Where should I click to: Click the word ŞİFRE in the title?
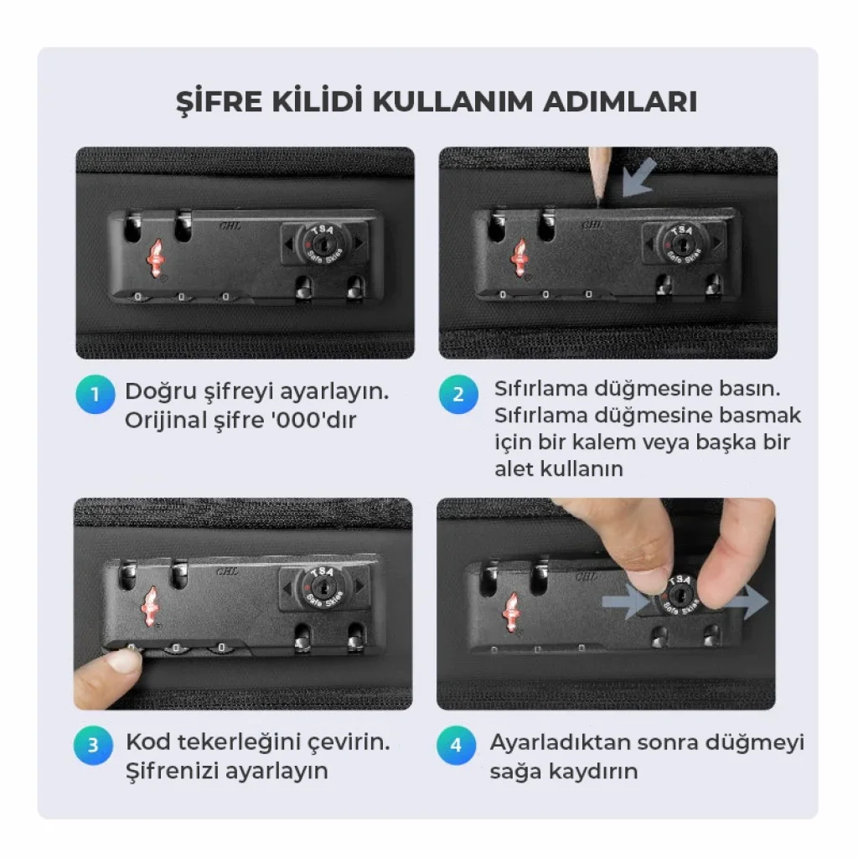coord(219,101)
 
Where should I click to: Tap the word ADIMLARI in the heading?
coord(620,101)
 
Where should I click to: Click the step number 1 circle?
coord(96,394)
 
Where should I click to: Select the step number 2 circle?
coord(458,394)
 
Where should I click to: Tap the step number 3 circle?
coord(93,745)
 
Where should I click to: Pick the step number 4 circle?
coord(457,745)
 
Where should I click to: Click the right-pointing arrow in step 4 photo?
coord(749,601)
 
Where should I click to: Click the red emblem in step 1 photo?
coord(156,258)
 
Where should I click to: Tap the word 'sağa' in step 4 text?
coord(514,772)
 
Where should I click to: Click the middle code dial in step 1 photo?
coord(182,297)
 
